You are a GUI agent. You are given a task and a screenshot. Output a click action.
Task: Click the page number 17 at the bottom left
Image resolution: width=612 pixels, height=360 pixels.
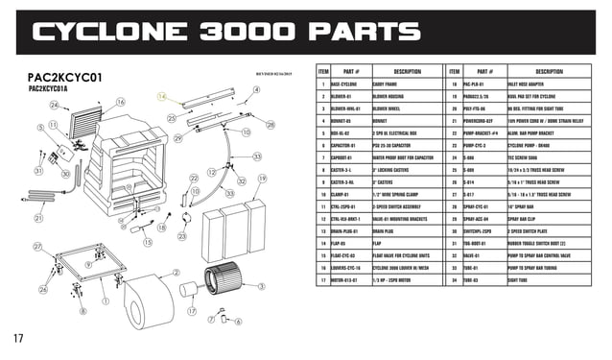click(x=18, y=337)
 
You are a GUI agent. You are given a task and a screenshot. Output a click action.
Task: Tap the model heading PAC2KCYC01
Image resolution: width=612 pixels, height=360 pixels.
click(x=64, y=76)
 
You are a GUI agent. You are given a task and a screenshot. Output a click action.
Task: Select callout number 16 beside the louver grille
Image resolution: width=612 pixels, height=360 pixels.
click(x=121, y=102)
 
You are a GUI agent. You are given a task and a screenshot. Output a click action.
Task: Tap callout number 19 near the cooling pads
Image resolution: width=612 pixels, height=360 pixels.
click(x=262, y=180)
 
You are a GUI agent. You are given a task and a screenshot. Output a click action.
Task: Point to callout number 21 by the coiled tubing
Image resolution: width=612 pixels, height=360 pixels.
click(x=37, y=219)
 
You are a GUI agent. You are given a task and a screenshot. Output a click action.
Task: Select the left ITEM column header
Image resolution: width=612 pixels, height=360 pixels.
click(x=323, y=71)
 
